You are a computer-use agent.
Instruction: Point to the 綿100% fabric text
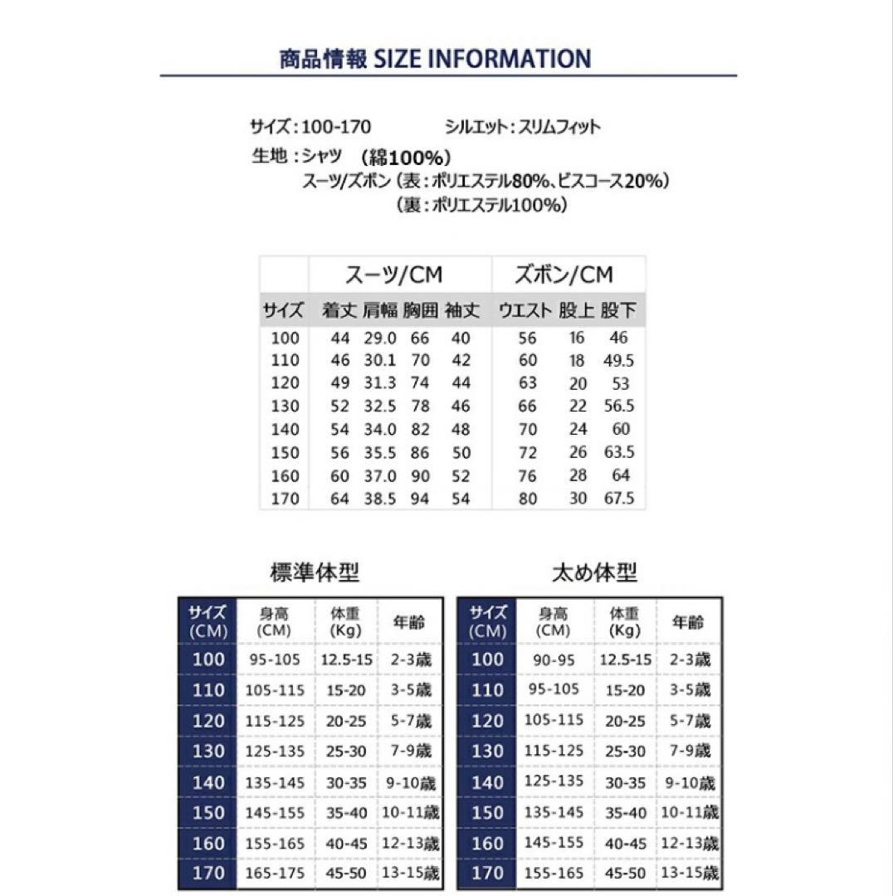pyautogui.click(x=407, y=158)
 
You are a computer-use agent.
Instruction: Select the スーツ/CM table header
pyautogui.click(x=393, y=275)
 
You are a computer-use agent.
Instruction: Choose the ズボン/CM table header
pyautogui.click(x=564, y=275)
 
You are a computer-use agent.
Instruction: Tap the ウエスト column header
pyautogui.click(x=525, y=312)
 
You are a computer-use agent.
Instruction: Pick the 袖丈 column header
pyautogui.click(x=462, y=312)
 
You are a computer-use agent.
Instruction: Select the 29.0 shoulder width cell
pyautogui.click(x=380, y=338)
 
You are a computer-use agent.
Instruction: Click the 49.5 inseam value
pyautogui.click(x=620, y=361)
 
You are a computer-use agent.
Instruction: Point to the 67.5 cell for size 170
pyautogui.click(x=620, y=499)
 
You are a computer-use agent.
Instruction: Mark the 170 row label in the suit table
pyautogui.click(x=285, y=499)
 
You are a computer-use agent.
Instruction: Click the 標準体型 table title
pyautogui.click(x=315, y=572)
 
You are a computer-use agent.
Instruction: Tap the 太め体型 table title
pyautogui.click(x=594, y=572)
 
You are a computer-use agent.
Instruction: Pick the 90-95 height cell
pyautogui.click(x=554, y=660)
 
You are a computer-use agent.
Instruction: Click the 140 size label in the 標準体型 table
pyautogui.click(x=207, y=782)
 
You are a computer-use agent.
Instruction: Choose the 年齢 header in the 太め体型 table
pyautogui.click(x=687, y=622)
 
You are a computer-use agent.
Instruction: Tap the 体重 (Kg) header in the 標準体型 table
pyautogui.click(x=346, y=622)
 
